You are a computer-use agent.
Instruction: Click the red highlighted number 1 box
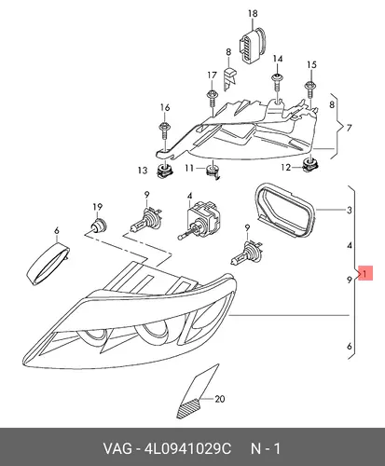365,273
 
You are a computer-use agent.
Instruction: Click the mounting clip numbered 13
164,171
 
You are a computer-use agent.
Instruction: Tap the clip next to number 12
310,165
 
